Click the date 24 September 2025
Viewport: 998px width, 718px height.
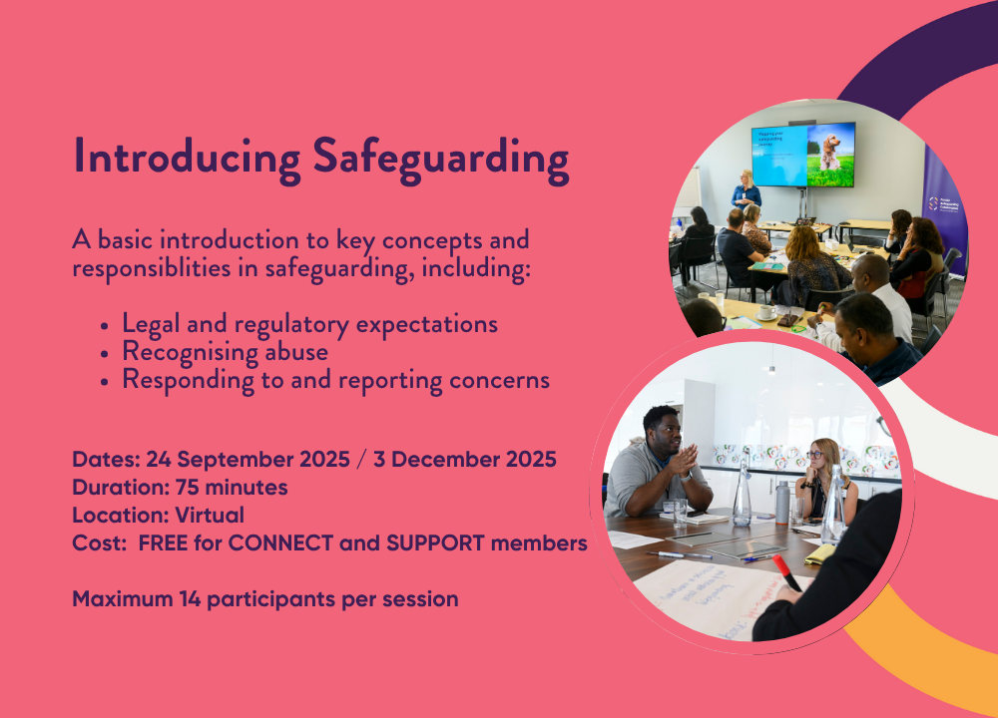(x=249, y=459)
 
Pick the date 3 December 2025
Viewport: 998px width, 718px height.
(x=465, y=459)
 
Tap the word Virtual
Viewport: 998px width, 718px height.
(x=210, y=516)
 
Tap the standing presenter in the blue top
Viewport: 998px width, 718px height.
(x=746, y=190)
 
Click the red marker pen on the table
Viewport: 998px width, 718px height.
(x=786, y=573)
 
